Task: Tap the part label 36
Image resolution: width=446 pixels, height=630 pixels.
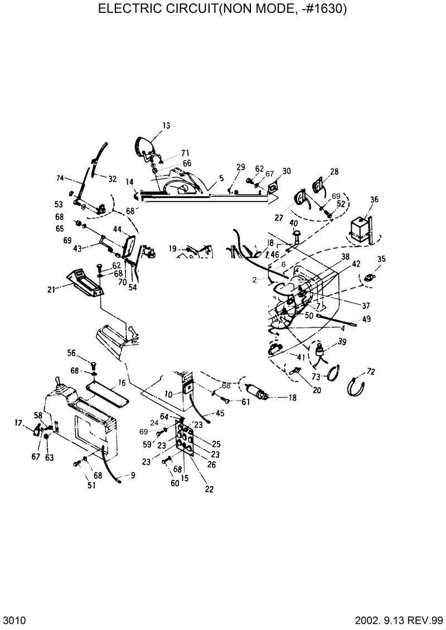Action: (374, 199)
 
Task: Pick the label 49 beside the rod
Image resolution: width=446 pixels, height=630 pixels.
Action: (366, 319)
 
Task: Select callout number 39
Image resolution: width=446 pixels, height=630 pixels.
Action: (342, 342)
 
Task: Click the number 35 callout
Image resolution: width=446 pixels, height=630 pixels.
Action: (381, 259)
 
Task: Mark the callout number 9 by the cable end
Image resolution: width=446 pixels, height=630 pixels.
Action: (133, 475)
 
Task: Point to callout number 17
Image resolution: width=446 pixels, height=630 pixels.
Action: (18, 424)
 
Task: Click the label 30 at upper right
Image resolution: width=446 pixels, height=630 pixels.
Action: (287, 171)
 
